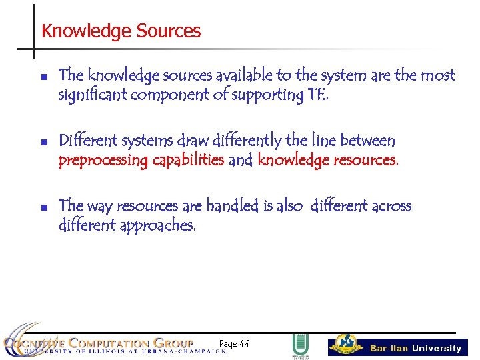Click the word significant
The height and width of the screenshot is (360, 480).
click(x=93, y=95)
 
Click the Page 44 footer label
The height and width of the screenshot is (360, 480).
click(x=234, y=344)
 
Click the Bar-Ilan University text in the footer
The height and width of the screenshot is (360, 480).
click(x=415, y=348)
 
